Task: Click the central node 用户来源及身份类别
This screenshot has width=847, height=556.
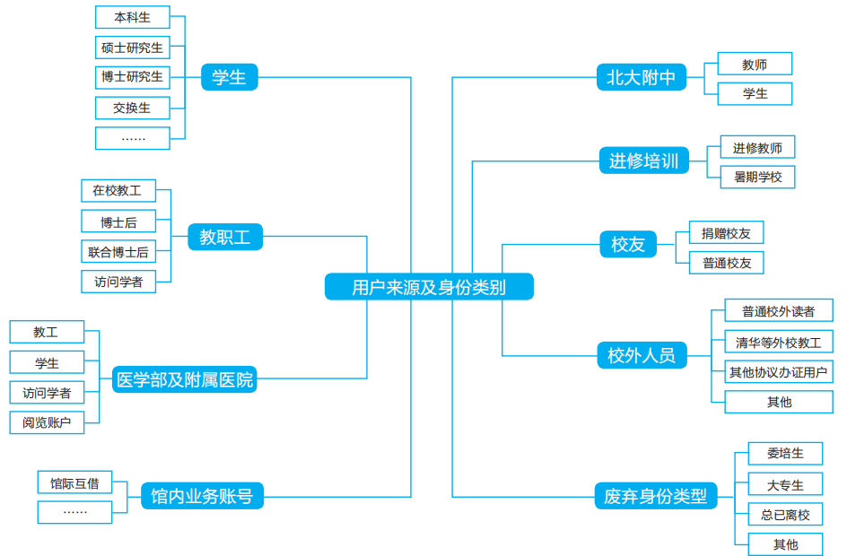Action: coord(429,287)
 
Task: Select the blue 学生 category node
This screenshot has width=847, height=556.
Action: coord(229,78)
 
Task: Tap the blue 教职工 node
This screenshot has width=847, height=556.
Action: coord(225,238)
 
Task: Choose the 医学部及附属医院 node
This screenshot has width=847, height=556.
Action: coord(186,379)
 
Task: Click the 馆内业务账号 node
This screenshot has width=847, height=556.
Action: coord(202,495)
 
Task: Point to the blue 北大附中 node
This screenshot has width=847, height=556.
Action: coord(642,78)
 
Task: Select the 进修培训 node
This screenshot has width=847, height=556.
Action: coord(644,161)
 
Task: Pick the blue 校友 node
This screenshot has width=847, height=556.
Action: coord(628,244)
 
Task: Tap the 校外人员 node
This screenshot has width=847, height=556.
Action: coord(642,355)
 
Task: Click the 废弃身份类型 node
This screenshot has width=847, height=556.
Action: coord(656,495)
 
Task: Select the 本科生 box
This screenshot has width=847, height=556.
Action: coord(132,17)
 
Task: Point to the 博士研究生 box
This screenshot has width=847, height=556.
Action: coord(132,77)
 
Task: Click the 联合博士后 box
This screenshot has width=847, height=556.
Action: coord(118,252)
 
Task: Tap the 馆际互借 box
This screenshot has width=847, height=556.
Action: coord(75,483)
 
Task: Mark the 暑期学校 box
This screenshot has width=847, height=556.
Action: coord(757,177)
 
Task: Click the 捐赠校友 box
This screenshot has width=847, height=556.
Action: coord(726,233)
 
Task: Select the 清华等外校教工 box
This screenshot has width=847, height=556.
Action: coord(778,342)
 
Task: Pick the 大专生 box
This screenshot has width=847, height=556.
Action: coord(785,485)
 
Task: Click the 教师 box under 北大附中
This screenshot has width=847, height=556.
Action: coord(755,64)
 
